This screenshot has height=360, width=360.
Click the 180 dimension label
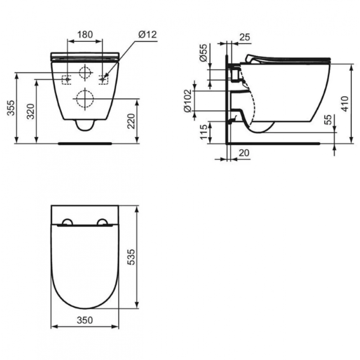point(85,35)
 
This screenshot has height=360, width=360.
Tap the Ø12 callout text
point(148,35)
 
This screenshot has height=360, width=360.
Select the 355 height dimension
point(11,108)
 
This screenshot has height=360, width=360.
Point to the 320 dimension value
point(31,111)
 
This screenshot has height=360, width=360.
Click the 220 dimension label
point(131,121)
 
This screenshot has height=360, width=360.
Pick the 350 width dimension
point(85,320)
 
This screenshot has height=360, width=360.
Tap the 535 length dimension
point(131,257)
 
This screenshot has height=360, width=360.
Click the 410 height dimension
point(345,104)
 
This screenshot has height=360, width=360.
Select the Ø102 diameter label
point(188,101)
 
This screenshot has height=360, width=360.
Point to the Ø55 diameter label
point(203,53)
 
